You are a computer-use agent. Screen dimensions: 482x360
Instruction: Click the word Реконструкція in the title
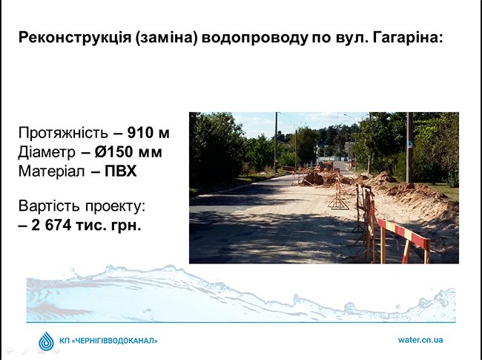tap(75, 38)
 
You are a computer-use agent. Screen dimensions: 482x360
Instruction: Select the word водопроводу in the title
tap(255, 38)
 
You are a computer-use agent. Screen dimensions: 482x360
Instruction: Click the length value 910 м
tap(148, 133)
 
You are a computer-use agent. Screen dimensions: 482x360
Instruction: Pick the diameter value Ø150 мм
tap(128, 152)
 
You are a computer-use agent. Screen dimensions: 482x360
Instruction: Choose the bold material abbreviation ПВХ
tap(121, 171)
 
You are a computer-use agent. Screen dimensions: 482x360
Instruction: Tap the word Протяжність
tap(63, 133)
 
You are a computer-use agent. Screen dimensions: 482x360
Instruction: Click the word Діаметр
tap(47, 152)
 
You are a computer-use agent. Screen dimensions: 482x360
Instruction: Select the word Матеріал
tap(52, 171)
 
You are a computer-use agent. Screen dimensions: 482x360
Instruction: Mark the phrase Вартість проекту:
tap(82, 206)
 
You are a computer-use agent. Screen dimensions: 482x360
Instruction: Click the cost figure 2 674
tap(51, 225)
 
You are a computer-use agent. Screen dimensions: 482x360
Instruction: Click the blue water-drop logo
tap(47, 341)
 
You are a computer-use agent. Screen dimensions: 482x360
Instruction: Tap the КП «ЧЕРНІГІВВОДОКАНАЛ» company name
tap(108, 341)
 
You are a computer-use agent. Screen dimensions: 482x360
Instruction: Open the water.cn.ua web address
tap(420, 340)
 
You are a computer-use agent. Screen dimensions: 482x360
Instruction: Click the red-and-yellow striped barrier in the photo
tap(404, 239)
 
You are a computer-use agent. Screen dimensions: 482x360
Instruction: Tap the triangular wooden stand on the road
tap(338, 197)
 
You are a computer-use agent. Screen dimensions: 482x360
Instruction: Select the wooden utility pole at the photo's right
tap(410, 148)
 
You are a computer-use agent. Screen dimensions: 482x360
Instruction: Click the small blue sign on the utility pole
tap(410, 144)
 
